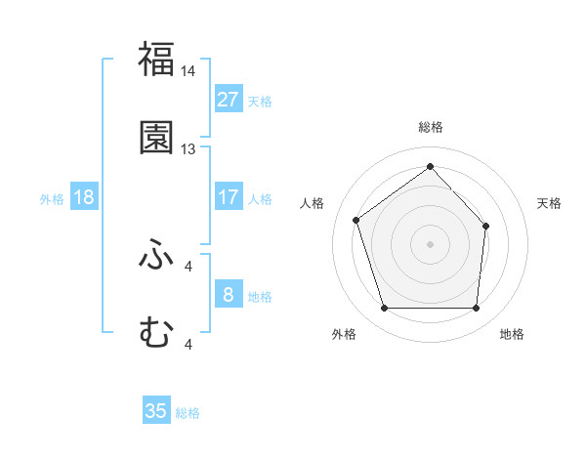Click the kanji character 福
[x=156, y=59]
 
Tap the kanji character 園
[x=156, y=138]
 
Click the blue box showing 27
[x=228, y=100]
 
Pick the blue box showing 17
[x=228, y=197]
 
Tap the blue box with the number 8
[x=228, y=295]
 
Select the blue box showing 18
[x=84, y=197]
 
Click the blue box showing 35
[x=156, y=411]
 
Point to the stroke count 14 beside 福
[x=188, y=71]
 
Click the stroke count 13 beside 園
[x=188, y=149]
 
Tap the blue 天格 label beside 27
[x=260, y=101]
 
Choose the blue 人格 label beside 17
[x=260, y=198]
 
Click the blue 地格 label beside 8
[x=260, y=296]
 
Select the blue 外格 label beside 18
[x=52, y=198]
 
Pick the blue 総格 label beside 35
[x=188, y=412]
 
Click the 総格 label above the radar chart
[x=431, y=127]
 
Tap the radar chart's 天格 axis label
[x=549, y=203]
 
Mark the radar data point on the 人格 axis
[x=356, y=220]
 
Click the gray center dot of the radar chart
[x=431, y=243]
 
